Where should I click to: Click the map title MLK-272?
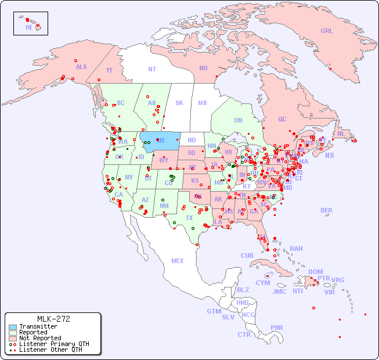(x=53, y=319)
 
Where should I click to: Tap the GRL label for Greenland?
(x=327, y=31)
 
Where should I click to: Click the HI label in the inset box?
(x=28, y=27)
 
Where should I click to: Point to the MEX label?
(x=178, y=261)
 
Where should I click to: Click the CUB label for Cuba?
(x=247, y=255)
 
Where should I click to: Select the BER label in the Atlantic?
(x=326, y=210)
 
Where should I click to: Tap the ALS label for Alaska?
(x=81, y=67)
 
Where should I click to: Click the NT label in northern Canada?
(x=152, y=69)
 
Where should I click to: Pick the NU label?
(x=203, y=68)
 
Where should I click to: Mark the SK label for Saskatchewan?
(x=179, y=103)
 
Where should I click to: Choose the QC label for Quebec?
(x=282, y=119)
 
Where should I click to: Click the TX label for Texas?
(x=189, y=218)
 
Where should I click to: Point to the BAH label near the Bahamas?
(x=296, y=249)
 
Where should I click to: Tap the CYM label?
(x=263, y=283)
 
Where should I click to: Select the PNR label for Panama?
(x=277, y=327)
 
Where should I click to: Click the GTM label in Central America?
(x=214, y=311)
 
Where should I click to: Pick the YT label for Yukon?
(x=109, y=70)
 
